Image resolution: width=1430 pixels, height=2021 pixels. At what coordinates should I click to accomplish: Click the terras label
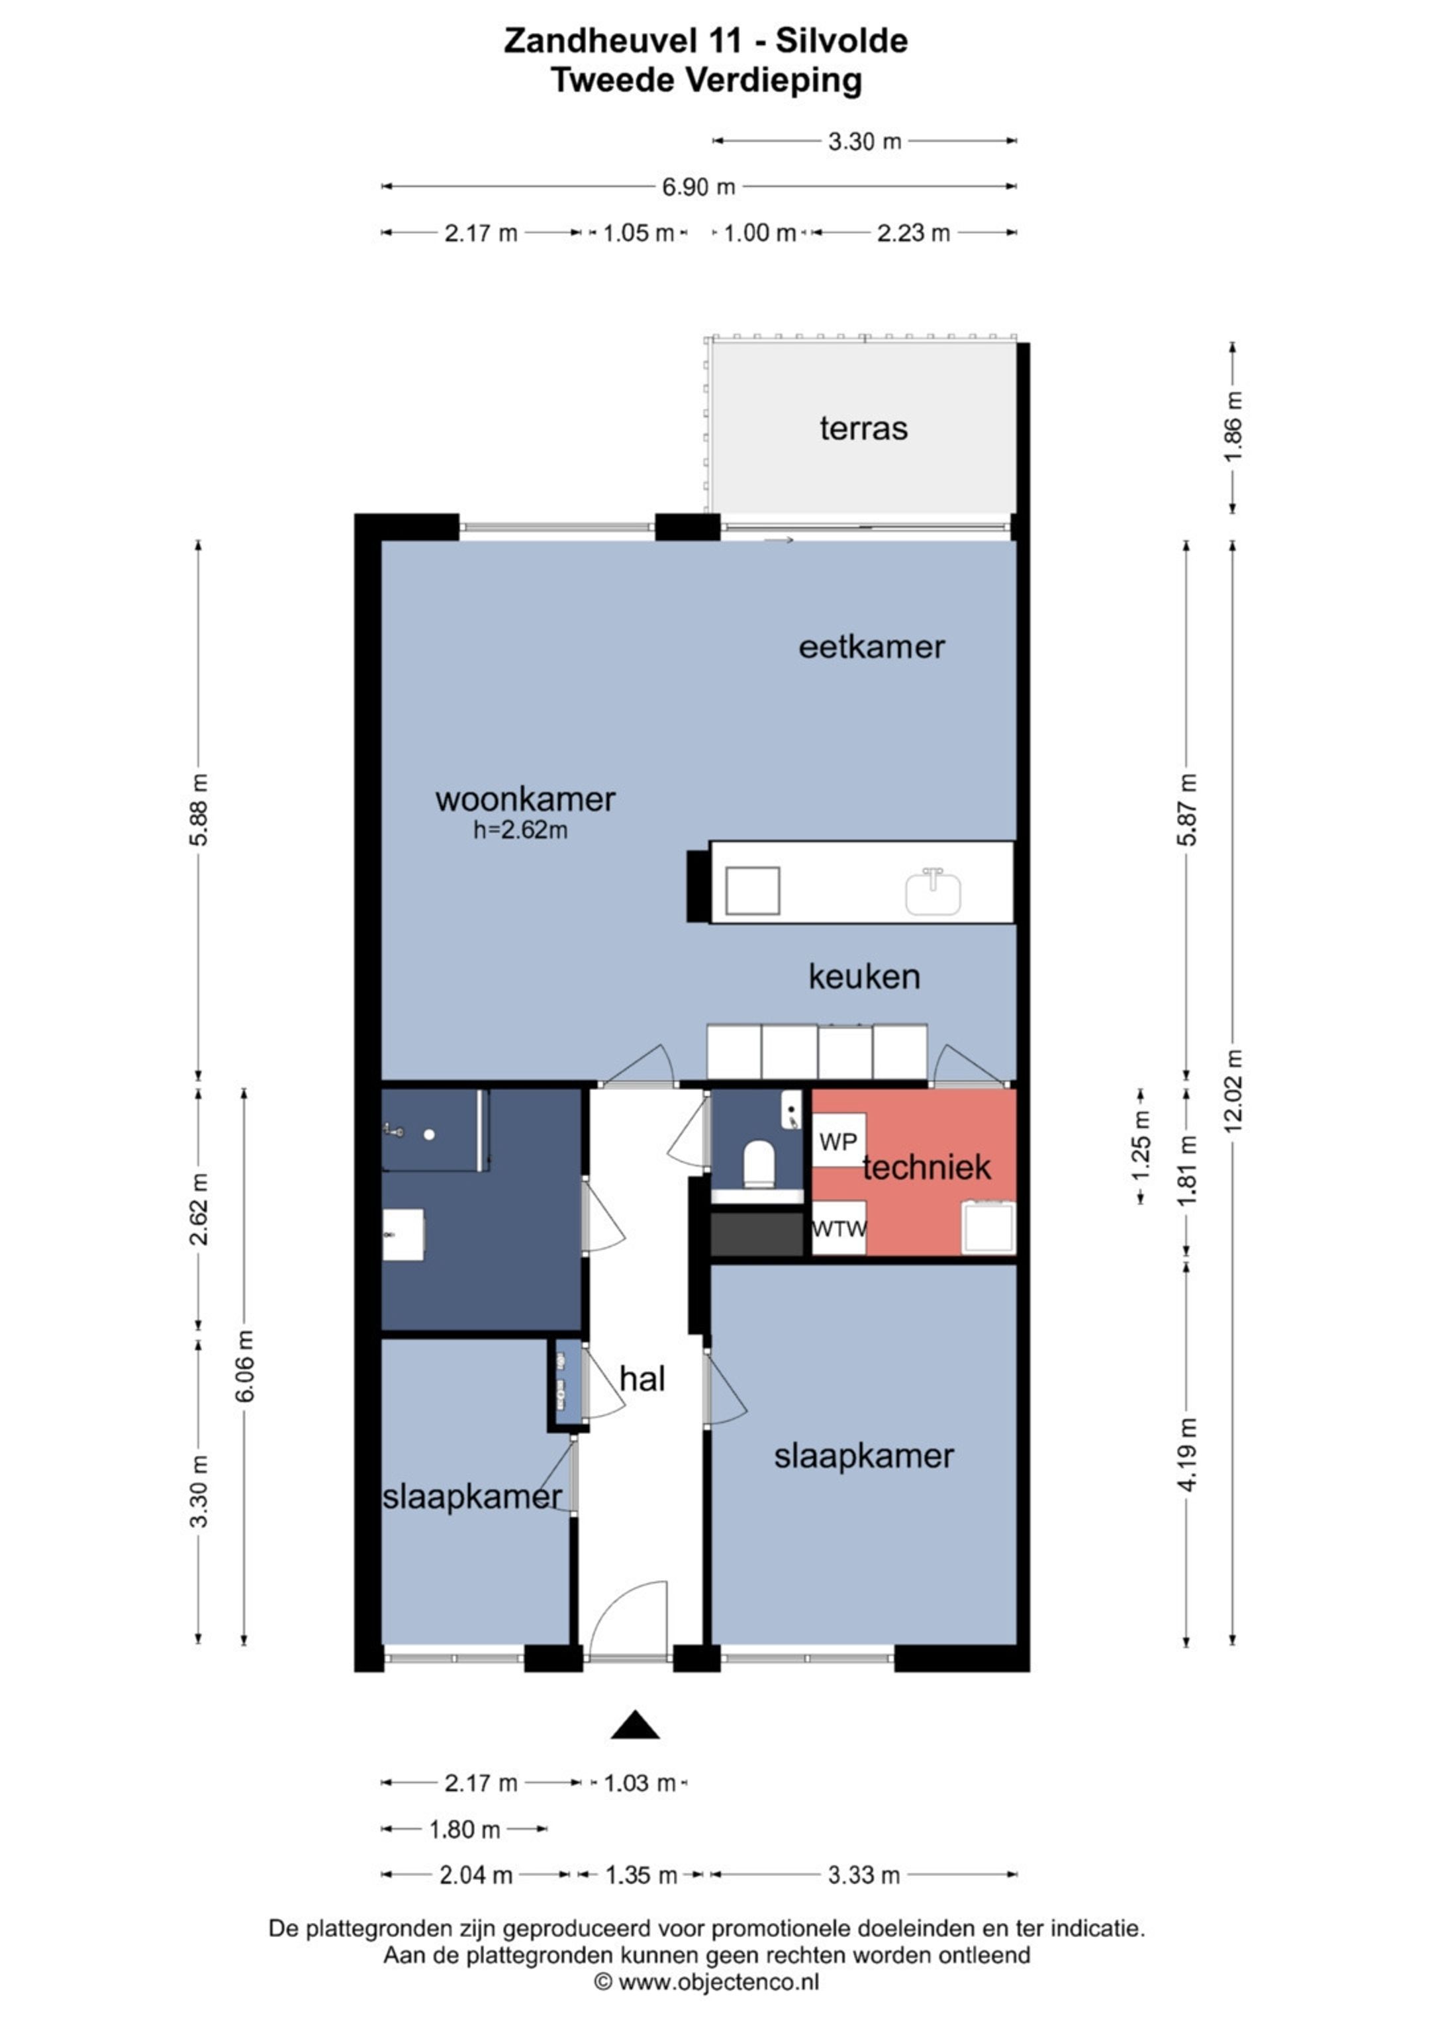click(863, 429)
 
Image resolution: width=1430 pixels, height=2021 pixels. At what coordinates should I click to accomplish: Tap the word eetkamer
click(872, 647)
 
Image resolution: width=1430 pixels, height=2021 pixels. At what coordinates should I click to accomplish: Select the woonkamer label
click(525, 799)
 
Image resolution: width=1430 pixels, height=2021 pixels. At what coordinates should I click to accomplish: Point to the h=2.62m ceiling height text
click(520, 829)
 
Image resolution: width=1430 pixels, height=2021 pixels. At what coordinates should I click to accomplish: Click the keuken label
click(864, 976)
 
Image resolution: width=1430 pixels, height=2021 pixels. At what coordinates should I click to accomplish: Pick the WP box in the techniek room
click(838, 1142)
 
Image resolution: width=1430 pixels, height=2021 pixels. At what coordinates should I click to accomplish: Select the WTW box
click(838, 1228)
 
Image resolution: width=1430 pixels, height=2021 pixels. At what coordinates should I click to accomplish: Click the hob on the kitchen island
click(753, 891)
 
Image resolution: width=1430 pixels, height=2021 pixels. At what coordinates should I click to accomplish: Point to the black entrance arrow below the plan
click(635, 1725)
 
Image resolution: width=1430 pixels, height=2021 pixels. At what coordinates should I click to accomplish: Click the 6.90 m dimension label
click(698, 187)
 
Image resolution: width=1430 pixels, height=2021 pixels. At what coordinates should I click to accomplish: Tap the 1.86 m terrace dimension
click(1233, 426)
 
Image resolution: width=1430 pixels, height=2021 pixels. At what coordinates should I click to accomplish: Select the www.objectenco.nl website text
click(718, 1981)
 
